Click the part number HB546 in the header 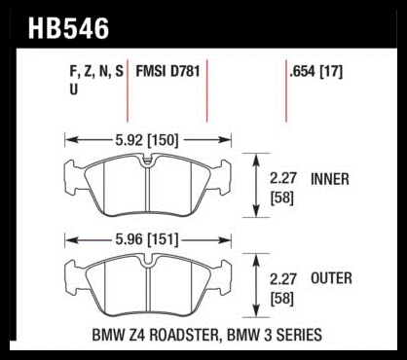(68, 28)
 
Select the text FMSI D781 (167, 71)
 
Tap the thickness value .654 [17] (316, 72)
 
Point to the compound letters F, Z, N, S (96, 72)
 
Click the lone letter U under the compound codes (74, 89)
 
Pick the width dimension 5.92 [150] (147, 140)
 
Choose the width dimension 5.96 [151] (147, 240)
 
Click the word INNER (330, 179)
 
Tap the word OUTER (331, 278)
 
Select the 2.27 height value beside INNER (283, 178)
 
